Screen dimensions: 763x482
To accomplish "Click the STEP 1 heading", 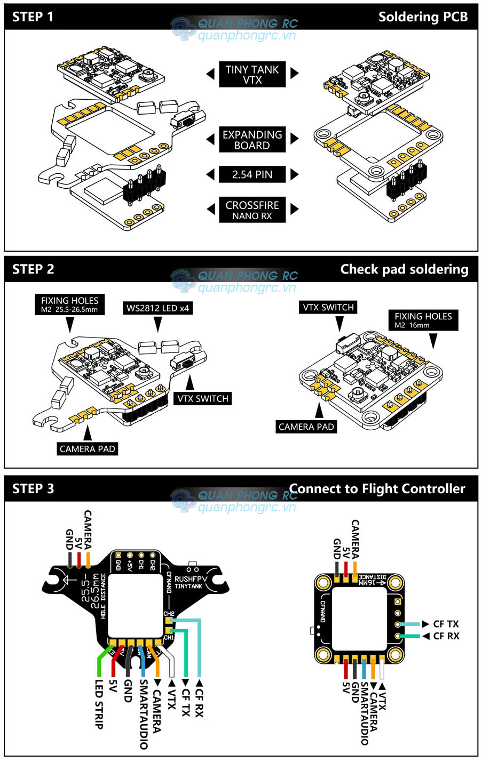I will pos(33,17).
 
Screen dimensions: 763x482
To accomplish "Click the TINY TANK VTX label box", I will pos(252,75).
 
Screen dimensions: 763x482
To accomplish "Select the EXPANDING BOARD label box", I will pos(252,140).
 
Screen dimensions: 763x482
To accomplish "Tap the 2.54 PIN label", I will pos(252,174).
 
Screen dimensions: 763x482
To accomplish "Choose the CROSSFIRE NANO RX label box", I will pos(252,210).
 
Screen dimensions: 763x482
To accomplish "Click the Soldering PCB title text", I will pos(423,17).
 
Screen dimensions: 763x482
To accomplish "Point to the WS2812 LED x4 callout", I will pos(157,308).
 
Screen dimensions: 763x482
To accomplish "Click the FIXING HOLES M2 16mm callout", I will pos(423,320).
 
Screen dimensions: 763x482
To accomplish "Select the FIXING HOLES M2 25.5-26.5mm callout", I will pos(69,304).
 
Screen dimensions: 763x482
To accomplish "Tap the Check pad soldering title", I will pos(404,269).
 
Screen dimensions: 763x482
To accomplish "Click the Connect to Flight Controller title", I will pos(377,488).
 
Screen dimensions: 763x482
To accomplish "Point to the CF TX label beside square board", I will pos(446,624).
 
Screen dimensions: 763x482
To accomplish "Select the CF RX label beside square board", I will pos(446,636).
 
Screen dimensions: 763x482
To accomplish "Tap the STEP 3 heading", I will pos(33,488).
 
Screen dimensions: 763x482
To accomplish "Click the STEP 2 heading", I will pos(33,269).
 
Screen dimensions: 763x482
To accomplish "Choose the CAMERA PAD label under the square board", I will pos(306,427).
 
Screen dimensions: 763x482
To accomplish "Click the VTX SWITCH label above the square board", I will pos(328,307).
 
